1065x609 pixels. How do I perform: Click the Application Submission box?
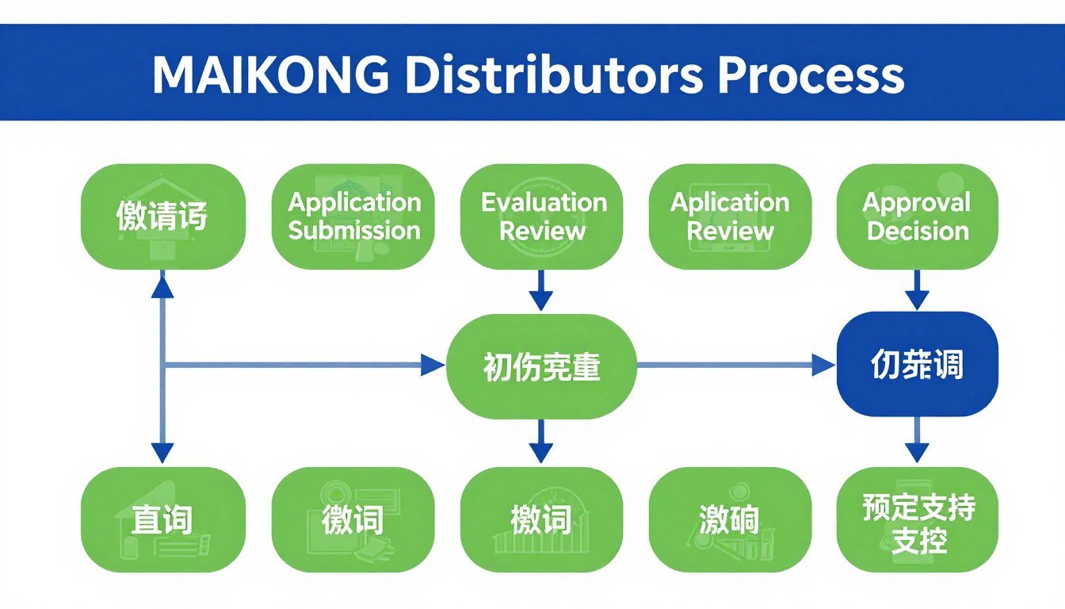click(x=353, y=216)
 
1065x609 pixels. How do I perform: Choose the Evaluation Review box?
click(x=543, y=216)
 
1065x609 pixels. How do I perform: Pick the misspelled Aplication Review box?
click(x=730, y=216)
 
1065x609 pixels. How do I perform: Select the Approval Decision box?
click(x=917, y=216)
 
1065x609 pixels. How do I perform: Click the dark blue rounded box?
click(x=917, y=364)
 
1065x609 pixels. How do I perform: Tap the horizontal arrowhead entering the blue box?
click(x=824, y=365)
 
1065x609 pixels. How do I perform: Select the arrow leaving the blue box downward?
click(x=917, y=441)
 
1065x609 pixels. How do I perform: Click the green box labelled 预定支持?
click(x=917, y=519)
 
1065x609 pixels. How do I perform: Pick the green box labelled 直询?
click(x=162, y=519)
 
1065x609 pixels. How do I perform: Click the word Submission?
click(x=353, y=231)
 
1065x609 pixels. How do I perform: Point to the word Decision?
click(x=918, y=231)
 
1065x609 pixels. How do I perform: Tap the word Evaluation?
click(x=544, y=202)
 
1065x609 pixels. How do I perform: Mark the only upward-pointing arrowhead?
click(x=162, y=285)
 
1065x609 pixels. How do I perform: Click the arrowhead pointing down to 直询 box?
click(x=162, y=453)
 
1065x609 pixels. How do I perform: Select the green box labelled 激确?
click(x=730, y=519)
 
